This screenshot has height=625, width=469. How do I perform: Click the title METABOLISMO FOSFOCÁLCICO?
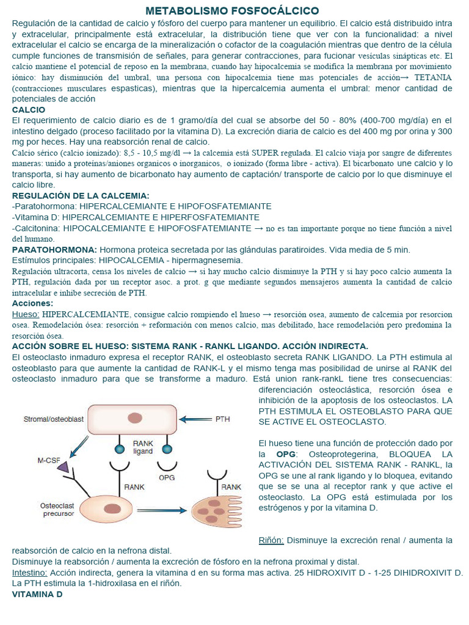(x=232, y=11)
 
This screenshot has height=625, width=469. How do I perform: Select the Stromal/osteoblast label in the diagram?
(x=54, y=419)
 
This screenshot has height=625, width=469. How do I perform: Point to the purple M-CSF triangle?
(x=64, y=467)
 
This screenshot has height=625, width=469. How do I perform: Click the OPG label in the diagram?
(x=167, y=477)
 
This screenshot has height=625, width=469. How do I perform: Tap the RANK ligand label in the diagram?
(x=144, y=447)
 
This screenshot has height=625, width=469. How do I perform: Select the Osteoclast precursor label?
(x=57, y=510)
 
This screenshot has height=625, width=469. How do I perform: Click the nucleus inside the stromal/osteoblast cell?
(x=134, y=418)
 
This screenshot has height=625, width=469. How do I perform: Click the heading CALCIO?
(x=29, y=110)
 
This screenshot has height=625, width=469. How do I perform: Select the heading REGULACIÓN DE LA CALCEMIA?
(x=81, y=195)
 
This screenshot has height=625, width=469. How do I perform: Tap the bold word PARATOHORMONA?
(x=54, y=250)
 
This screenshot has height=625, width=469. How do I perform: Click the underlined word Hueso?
(x=26, y=313)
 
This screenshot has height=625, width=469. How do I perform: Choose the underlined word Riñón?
(x=271, y=540)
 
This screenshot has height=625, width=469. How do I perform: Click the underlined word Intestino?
(x=30, y=573)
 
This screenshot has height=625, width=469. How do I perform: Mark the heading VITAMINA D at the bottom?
(x=37, y=594)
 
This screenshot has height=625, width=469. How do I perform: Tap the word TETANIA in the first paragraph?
(x=433, y=78)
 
